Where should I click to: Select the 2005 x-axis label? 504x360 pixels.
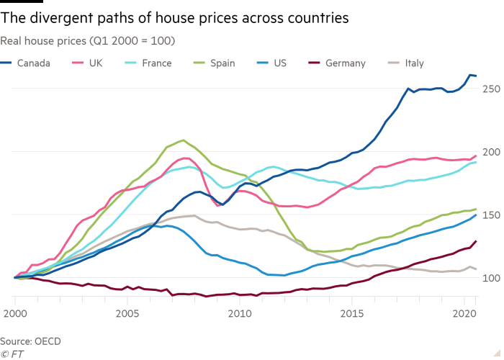[127, 314]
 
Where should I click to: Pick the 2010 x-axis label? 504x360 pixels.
[238, 314]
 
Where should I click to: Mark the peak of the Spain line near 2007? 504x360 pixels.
[183, 140]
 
